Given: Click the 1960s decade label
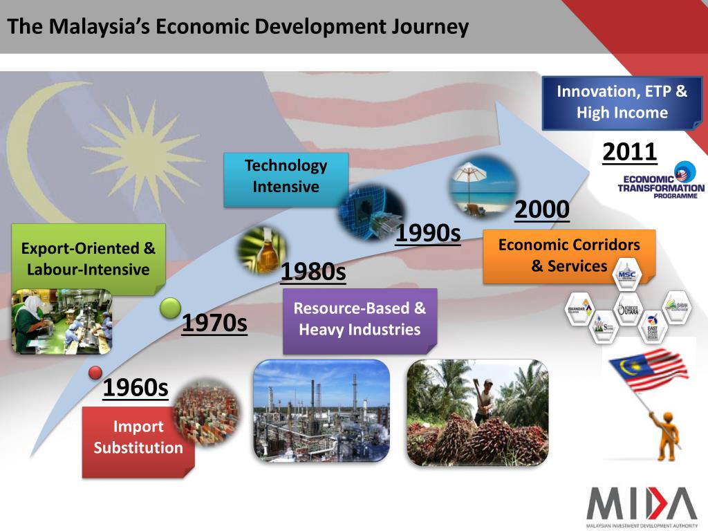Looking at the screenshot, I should point(136,389).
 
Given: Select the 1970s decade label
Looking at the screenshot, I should point(214,322).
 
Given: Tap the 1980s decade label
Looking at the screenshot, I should point(313,272).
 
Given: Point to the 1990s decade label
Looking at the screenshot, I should point(428,234).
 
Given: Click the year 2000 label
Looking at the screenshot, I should point(542,209).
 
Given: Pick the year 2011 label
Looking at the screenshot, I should point(629,151).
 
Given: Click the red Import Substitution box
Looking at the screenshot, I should point(138,438).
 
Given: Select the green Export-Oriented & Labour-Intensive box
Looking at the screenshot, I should point(88,259).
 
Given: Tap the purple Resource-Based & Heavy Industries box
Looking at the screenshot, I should point(360,319).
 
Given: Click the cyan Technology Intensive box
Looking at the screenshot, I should point(286,177).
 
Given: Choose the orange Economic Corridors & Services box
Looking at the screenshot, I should point(568,256).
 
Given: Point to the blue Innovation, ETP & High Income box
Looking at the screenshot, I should point(622,102).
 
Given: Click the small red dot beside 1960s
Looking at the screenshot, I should point(95,373).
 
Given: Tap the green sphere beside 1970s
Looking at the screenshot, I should point(170,309).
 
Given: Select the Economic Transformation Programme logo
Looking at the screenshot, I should point(661,181).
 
